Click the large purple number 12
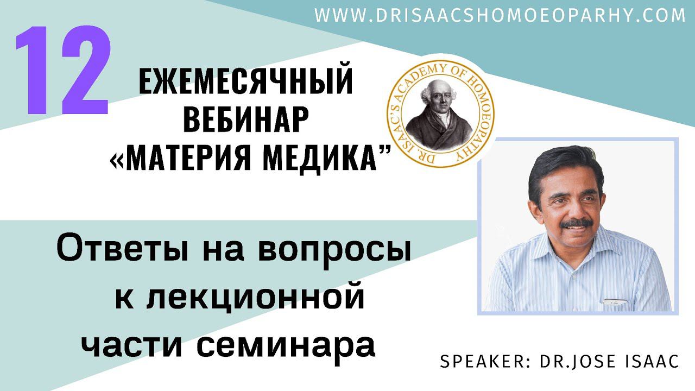coord(62,71)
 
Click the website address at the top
coord(500,16)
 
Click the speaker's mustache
coord(574,224)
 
